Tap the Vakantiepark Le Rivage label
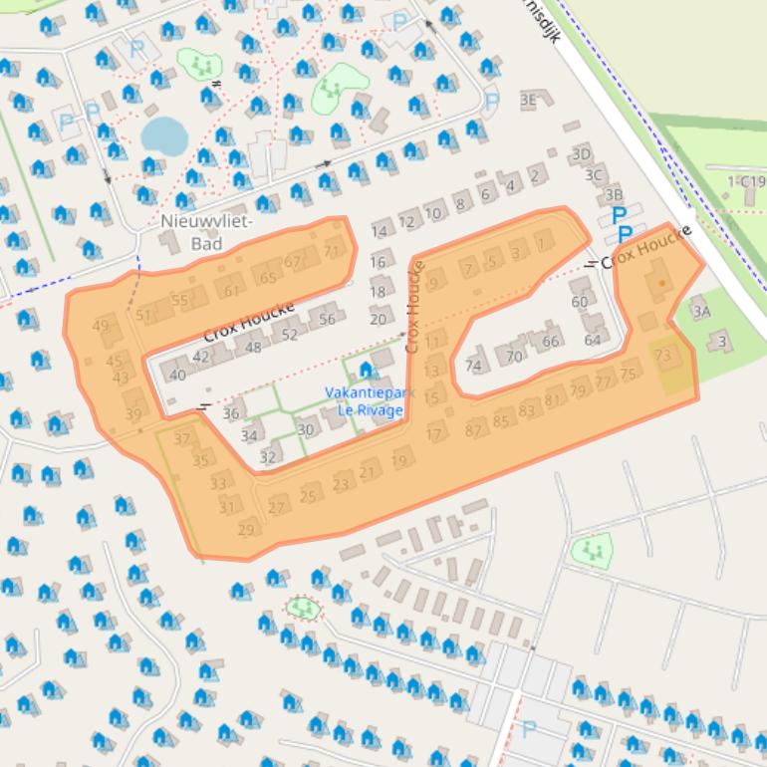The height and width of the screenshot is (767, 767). tap(364, 400)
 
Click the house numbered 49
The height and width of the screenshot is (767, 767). tap(101, 326)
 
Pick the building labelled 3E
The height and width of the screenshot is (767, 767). tap(528, 100)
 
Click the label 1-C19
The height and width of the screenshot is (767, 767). tap(746, 181)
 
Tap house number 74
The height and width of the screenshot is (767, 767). tap(473, 366)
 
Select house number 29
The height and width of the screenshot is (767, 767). tap(246, 529)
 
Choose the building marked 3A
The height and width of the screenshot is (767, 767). tap(701, 312)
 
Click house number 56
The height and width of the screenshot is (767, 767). tap(327, 320)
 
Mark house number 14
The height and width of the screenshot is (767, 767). tap(379, 232)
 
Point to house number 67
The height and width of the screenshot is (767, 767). tap(293, 262)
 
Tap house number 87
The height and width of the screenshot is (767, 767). tap(475, 428)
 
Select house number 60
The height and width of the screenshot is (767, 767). tap(580, 302)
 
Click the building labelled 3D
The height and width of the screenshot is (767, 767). tap(581, 153)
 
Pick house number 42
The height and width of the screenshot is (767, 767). tap(202, 356)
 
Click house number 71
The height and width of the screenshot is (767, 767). tap(332, 251)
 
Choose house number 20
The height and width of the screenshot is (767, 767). tap(378, 319)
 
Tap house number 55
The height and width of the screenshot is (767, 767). tap(179, 300)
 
